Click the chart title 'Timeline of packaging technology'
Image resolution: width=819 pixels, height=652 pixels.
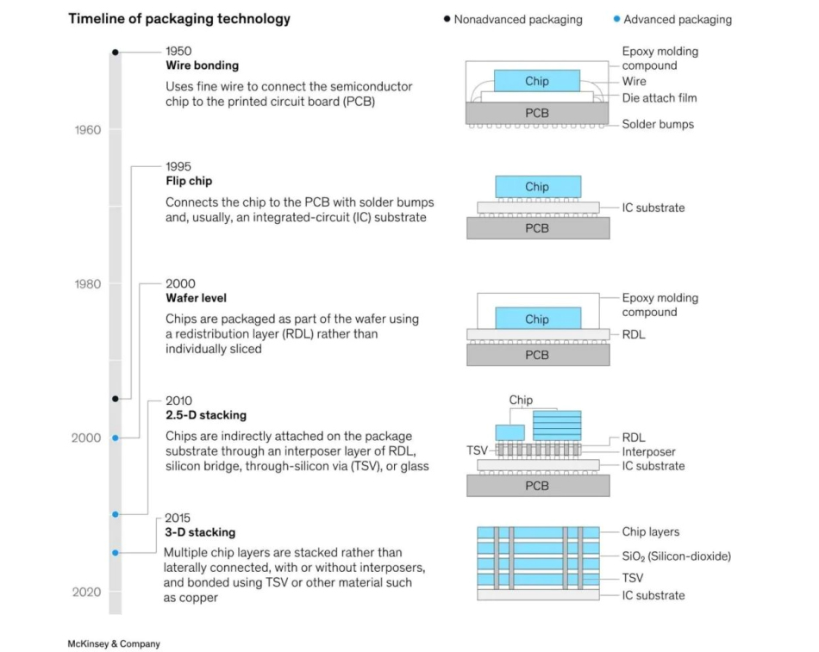click(179, 19)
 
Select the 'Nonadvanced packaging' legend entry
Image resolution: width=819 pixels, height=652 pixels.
click(518, 19)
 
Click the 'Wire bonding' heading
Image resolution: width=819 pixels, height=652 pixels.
click(202, 65)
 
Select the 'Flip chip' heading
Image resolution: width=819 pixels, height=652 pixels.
click(189, 182)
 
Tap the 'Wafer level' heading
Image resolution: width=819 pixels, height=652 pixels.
click(196, 298)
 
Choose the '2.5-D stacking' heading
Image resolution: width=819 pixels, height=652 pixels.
click(205, 415)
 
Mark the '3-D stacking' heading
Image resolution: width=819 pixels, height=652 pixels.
click(200, 532)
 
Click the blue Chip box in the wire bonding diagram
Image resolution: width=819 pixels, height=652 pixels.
click(537, 82)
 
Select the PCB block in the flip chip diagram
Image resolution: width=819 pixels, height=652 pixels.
click(537, 228)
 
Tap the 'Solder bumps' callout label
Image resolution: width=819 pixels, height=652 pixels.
click(658, 124)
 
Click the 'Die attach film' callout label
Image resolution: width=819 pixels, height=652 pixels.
click(660, 98)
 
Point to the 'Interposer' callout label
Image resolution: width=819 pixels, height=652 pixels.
click(648, 452)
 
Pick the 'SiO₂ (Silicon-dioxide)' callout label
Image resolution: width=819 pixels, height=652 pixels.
click(676, 556)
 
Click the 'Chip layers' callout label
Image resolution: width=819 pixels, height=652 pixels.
click(651, 532)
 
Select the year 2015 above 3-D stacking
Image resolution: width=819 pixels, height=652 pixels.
click(178, 518)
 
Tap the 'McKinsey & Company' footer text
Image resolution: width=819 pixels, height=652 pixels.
click(114, 643)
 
